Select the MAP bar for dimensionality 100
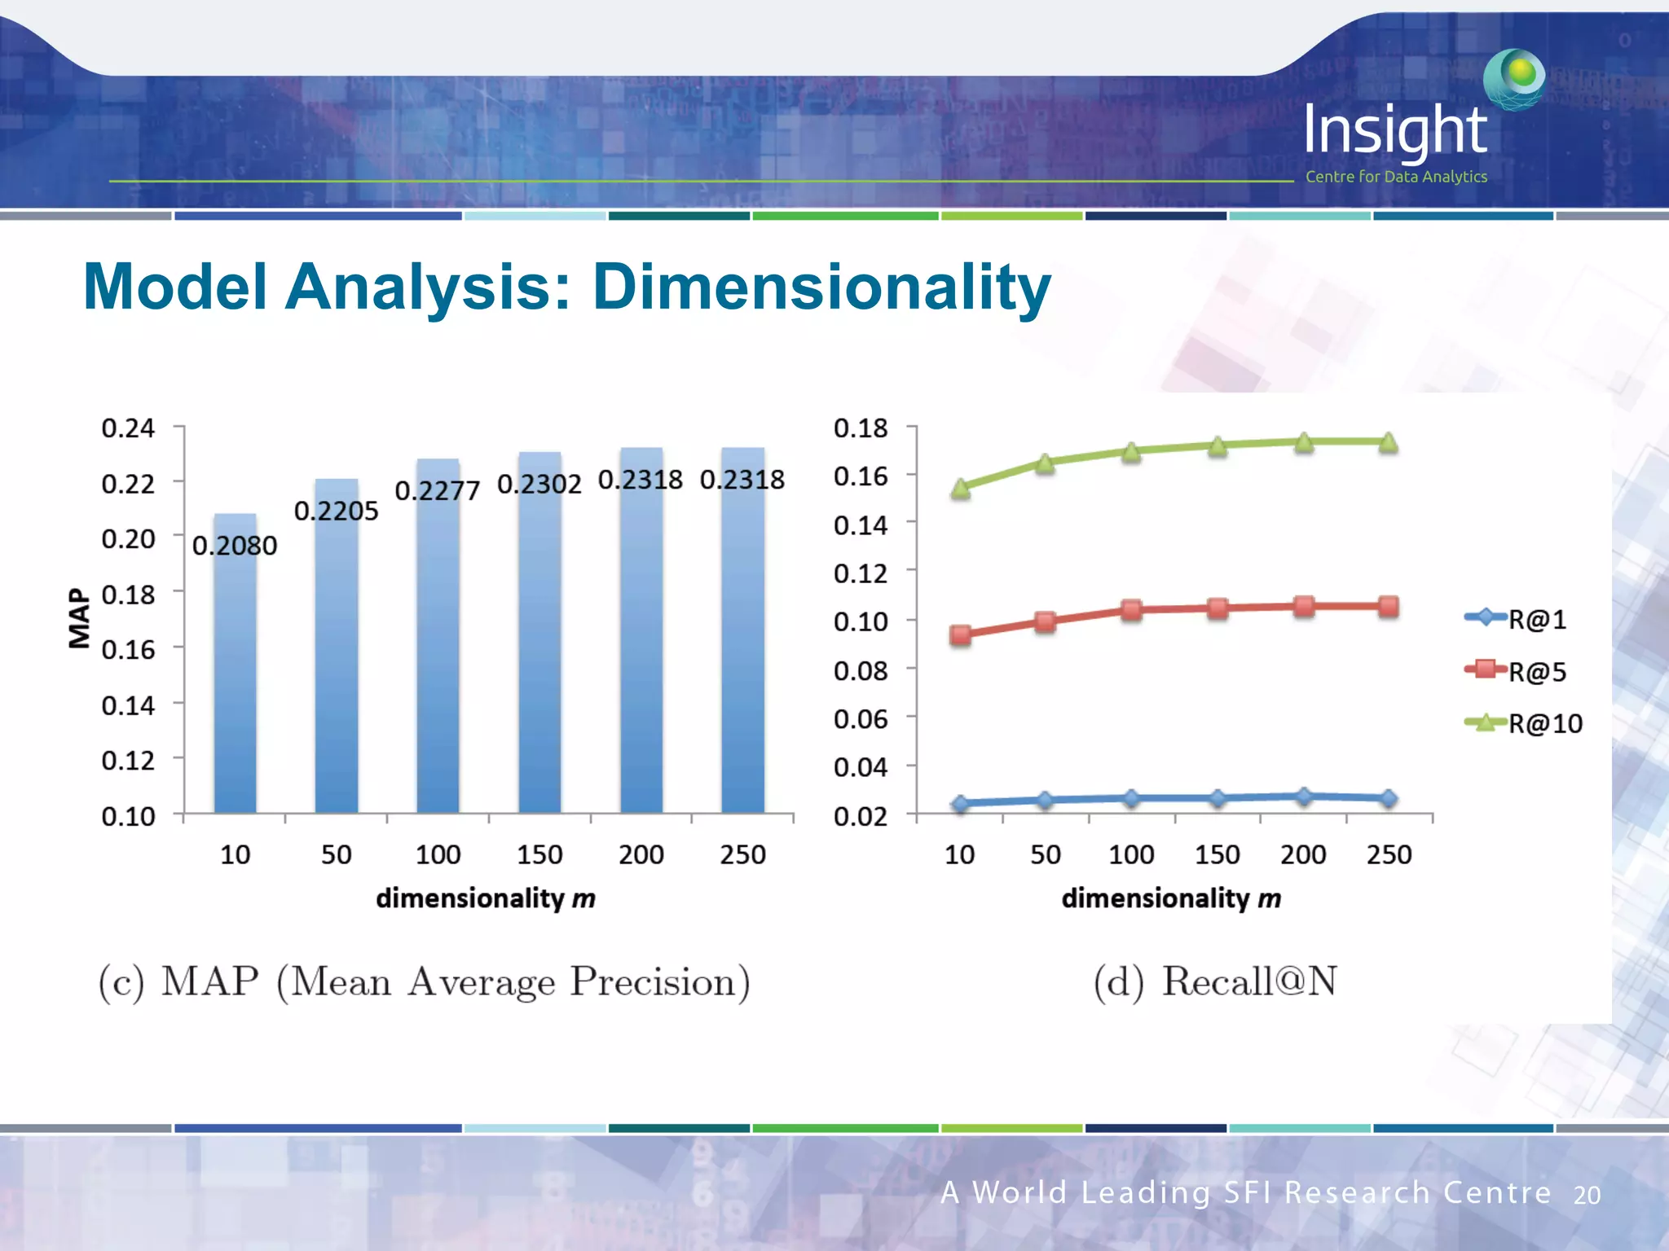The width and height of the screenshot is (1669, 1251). point(438,643)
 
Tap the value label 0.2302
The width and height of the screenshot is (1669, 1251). point(539,485)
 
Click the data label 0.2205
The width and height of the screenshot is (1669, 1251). point(336,511)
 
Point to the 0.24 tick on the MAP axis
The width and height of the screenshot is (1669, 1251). point(128,428)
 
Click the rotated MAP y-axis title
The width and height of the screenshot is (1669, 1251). point(79,618)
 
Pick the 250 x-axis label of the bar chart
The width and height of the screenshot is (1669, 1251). point(742,854)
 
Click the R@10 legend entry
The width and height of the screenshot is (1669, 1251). point(1524,723)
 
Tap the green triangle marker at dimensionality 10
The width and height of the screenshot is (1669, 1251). point(961,489)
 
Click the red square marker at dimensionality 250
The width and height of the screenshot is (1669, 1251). point(1389,606)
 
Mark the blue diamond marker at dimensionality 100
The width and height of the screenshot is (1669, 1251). point(1131,798)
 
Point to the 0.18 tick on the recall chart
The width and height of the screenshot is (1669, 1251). point(860,428)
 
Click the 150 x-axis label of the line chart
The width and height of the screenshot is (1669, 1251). point(1217,854)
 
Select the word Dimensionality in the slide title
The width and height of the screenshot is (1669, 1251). point(821,287)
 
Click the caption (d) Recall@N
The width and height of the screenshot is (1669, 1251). point(1215,981)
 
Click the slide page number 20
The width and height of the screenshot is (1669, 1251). point(1587,1195)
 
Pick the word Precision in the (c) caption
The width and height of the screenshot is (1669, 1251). point(659,981)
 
